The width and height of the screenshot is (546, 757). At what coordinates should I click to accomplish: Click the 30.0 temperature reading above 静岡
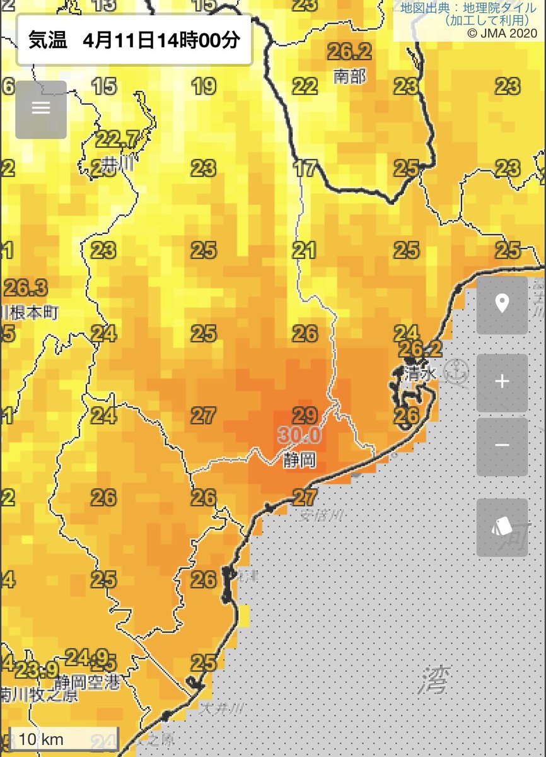pos(298,436)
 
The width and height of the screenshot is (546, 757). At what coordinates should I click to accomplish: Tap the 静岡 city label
pos(299,460)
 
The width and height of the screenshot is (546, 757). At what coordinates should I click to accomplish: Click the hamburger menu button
pos(41,109)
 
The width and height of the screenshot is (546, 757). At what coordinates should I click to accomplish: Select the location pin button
pos(502,305)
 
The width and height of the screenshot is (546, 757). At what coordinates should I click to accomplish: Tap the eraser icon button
pos(502,527)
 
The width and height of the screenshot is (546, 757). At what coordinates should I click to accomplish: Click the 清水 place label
pos(421,373)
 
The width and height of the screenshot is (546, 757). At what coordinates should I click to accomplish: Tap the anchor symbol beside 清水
pos(455,372)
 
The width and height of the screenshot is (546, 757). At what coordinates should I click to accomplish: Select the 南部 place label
pos(350,76)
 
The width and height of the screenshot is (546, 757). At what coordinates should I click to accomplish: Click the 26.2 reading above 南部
pos(349,51)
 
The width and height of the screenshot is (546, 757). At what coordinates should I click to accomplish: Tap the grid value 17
pos(305,168)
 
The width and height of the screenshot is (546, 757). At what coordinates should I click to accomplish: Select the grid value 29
pos(305,415)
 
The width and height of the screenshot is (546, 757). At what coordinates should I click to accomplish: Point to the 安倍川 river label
pos(322,515)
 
